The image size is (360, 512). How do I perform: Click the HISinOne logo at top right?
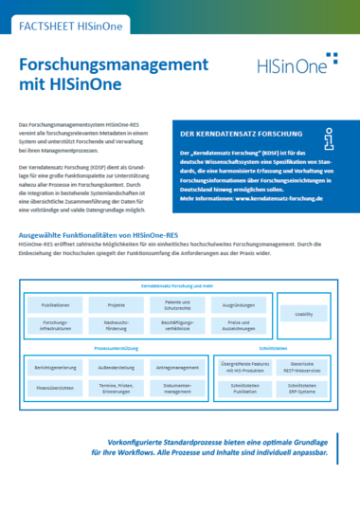coord(297,66)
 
